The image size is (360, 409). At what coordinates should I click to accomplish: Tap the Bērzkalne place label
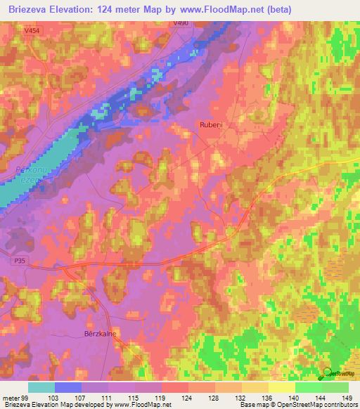[101, 335]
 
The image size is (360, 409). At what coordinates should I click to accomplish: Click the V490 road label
[181, 24]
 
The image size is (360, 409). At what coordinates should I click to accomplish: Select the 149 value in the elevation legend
[346, 398]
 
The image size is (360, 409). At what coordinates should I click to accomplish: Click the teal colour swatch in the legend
[41, 387]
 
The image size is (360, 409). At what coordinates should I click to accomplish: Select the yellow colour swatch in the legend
[282, 387]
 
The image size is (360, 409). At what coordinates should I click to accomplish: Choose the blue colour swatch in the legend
[68, 387]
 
